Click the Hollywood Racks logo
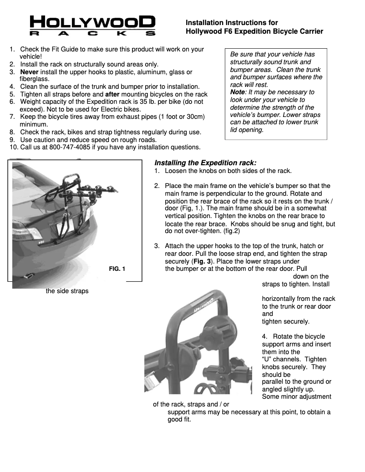[92, 25]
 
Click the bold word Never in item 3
[29, 72]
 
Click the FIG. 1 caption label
[117, 269]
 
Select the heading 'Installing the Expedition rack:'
[205, 162]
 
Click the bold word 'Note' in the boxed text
[238, 92]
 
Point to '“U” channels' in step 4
[281, 359]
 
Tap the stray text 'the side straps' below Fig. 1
[67, 291]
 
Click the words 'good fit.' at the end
[179, 419]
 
